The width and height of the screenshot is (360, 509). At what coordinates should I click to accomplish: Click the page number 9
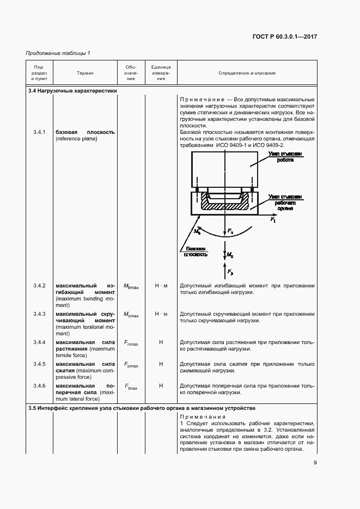315,463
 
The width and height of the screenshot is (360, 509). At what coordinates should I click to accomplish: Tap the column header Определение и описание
247,73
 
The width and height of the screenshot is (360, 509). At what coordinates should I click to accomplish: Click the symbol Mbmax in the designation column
131,286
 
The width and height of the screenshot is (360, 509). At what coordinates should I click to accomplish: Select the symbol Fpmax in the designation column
131,364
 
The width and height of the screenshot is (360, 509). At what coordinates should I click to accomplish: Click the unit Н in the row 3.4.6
161,386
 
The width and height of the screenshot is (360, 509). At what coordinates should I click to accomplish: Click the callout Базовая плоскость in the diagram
194,251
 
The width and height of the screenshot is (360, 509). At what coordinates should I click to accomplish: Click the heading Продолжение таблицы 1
58,53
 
